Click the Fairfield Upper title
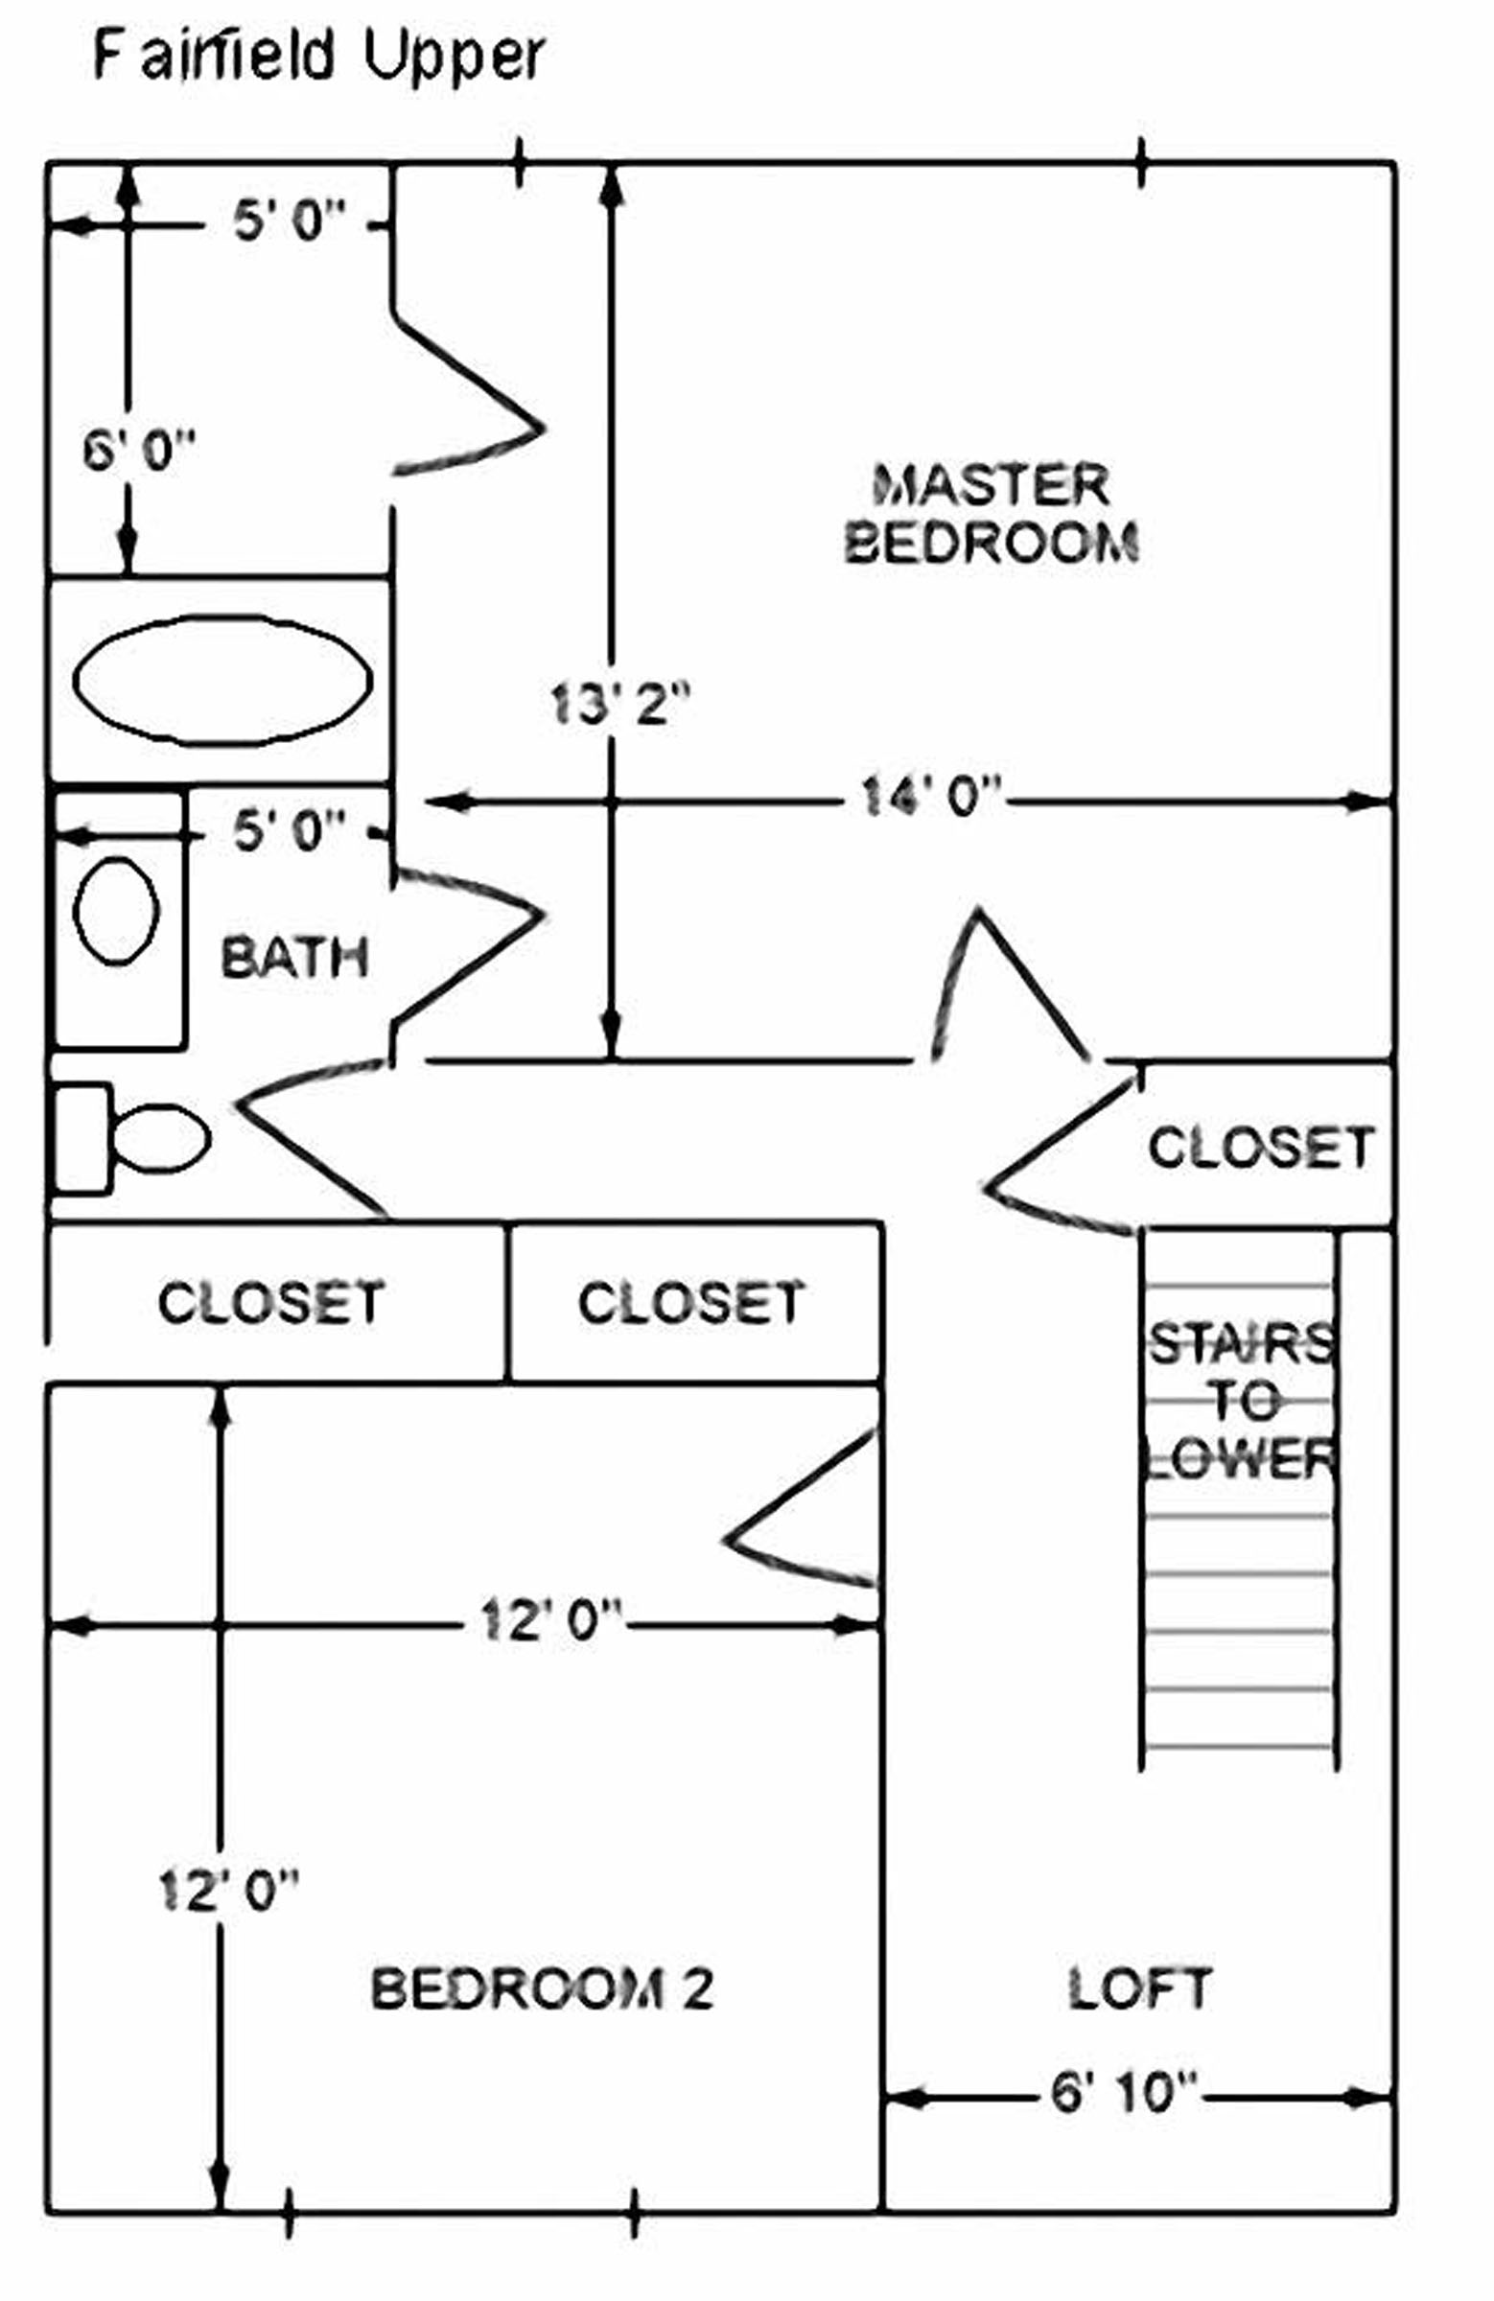point(318,56)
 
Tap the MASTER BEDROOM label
point(991,513)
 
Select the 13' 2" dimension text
point(619,704)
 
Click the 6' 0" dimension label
point(138,451)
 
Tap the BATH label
point(295,957)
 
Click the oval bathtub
point(222,681)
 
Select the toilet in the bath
point(135,1138)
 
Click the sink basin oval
point(116,911)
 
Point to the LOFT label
point(1139,1988)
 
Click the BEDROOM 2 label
point(542,1988)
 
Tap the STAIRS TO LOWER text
point(1240,1401)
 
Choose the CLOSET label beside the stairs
point(1260,1148)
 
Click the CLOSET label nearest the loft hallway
point(690,1301)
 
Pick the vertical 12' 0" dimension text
point(228,1890)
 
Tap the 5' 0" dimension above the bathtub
point(289,222)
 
